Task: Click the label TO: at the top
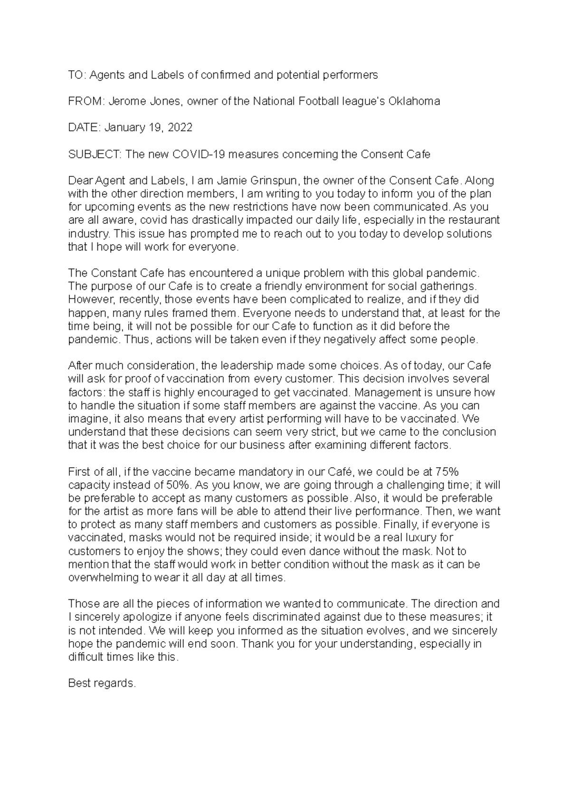point(76,75)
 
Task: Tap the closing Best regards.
point(102,683)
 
